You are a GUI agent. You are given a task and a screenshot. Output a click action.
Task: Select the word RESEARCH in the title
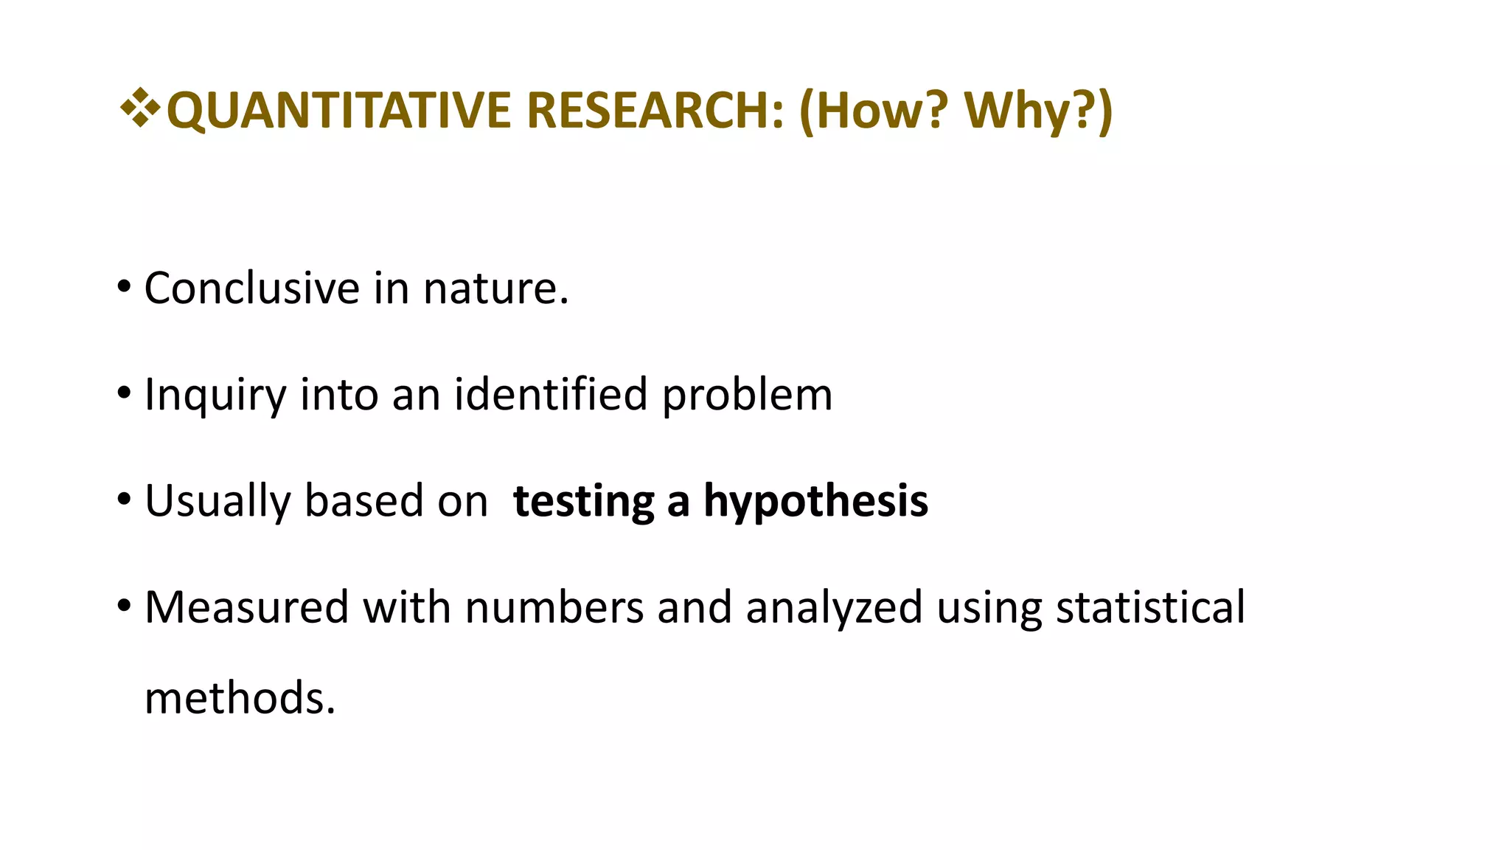pos(653,111)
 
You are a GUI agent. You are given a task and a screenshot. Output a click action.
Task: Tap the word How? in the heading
pos(874,111)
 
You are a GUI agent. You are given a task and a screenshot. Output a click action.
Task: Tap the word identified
pos(550,394)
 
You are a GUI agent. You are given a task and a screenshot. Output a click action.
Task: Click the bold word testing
pos(583,502)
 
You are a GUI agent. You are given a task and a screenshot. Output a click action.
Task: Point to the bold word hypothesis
pos(815,502)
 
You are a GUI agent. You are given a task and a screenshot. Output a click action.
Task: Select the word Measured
pos(246,608)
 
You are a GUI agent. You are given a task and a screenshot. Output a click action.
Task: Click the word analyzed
pos(834,608)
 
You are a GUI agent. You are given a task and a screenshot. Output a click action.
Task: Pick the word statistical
pos(1150,608)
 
